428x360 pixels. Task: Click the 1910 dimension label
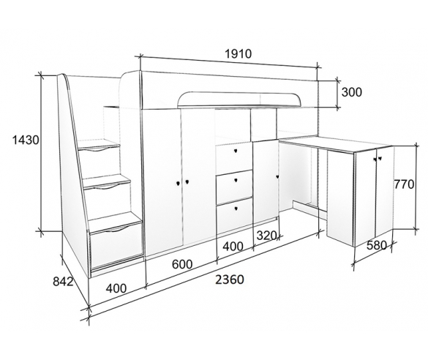tap(238, 53)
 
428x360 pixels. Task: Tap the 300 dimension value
tap(352, 92)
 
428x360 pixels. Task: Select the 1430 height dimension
tap(26, 140)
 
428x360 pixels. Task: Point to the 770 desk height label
tap(404, 184)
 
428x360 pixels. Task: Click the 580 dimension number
tap(376, 245)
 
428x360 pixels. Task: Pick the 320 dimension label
tap(267, 236)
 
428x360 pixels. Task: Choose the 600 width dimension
tap(182, 264)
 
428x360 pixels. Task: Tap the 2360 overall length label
tap(229, 280)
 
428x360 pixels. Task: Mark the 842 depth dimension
tap(64, 281)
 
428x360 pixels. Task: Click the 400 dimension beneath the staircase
tap(116, 288)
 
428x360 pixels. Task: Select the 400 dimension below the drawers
tap(233, 247)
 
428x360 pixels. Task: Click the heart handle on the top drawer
tap(236, 151)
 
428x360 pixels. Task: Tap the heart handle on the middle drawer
tap(236, 180)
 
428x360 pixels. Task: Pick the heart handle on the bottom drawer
tap(236, 209)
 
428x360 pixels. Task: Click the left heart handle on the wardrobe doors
tap(178, 183)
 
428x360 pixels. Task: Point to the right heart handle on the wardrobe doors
tap(187, 181)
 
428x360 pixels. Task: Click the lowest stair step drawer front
tap(117, 247)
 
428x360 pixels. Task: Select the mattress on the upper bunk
tap(239, 99)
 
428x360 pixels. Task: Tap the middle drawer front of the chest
tap(234, 187)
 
